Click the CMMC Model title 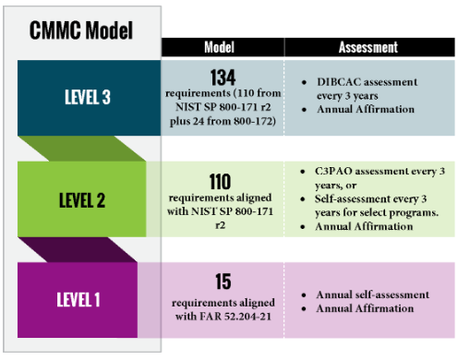pyautogui.click(x=82, y=30)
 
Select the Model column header pyautogui.click(x=223, y=47)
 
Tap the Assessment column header pyautogui.click(x=368, y=47)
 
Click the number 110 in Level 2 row pyautogui.click(x=222, y=181)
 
